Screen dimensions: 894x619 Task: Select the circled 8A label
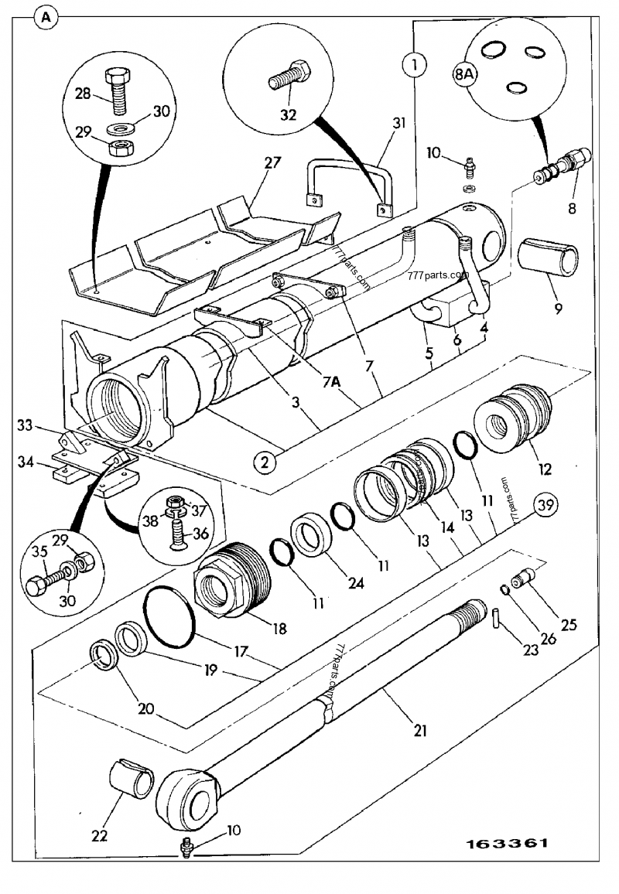pyautogui.click(x=464, y=75)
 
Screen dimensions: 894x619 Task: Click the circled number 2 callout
pyautogui.click(x=265, y=462)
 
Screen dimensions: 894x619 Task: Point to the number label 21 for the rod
pyautogui.click(x=420, y=729)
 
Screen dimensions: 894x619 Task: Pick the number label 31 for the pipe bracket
pyautogui.click(x=399, y=122)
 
